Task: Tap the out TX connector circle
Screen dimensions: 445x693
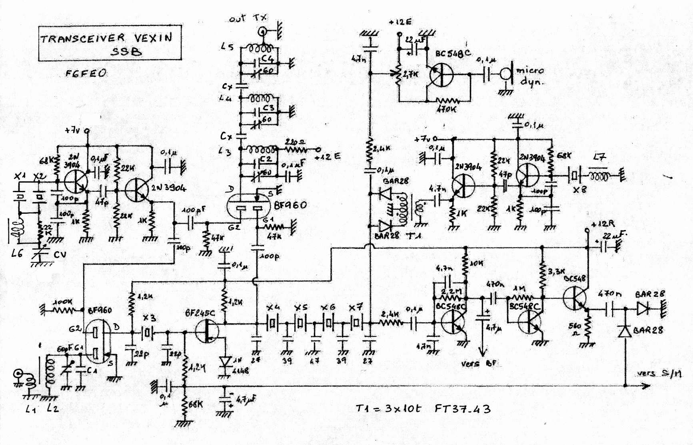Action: tap(262, 31)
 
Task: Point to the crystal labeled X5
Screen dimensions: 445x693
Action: tap(300, 323)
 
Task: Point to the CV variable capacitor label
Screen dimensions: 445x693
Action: tap(60, 254)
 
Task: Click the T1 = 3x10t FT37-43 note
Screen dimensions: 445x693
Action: tap(423, 409)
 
